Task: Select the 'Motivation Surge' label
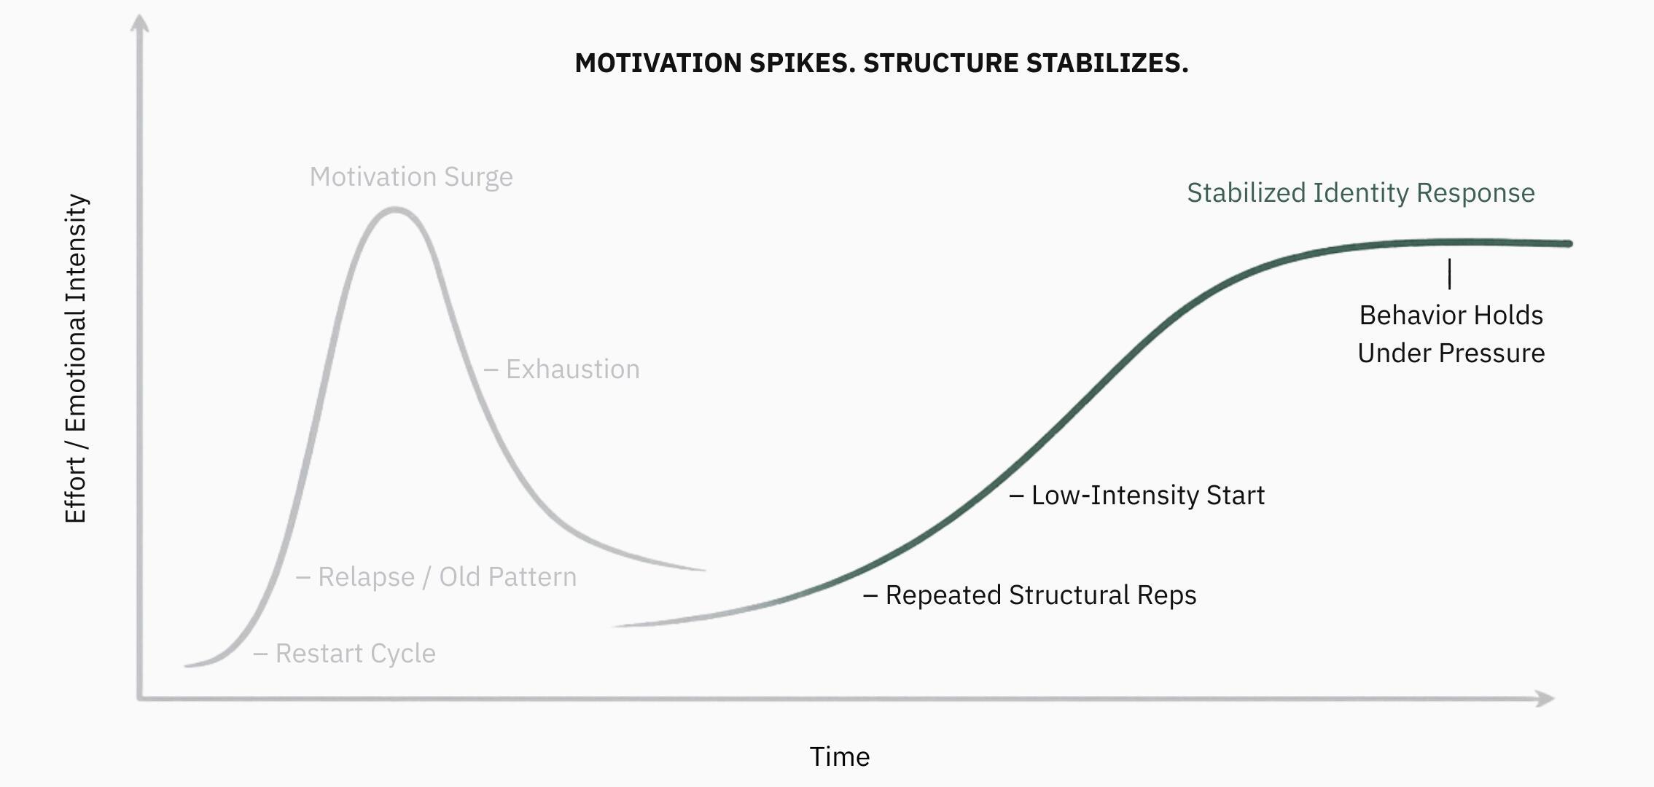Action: (x=411, y=177)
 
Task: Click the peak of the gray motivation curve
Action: (x=394, y=210)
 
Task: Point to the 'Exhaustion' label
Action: (x=572, y=369)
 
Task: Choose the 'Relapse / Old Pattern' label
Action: (x=447, y=577)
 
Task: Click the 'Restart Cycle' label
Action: (x=355, y=654)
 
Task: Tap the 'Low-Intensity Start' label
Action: (x=1147, y=496)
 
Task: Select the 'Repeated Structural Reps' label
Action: (x=1040, y=595)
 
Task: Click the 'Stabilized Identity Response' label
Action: (x=1360, y=193)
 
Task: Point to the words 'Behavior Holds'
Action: (x=1451, y=316)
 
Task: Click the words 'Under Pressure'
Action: (x=1451, y=353)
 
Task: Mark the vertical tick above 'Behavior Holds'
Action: (x=1449, y=274)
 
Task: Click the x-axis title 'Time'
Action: (x=840, y=757)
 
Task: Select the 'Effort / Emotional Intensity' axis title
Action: (x=76, y=359)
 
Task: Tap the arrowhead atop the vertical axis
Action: (x=139, y=23)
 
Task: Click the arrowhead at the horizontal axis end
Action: (x=1545, y=699)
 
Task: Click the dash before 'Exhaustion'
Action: (x=491, y=370)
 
